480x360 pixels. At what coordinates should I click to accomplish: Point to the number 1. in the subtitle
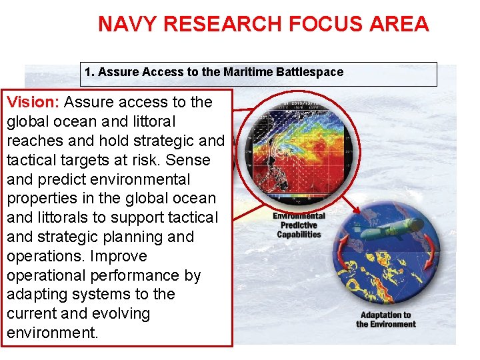tap(89, 72)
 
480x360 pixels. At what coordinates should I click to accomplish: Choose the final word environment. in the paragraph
tap(52, 333)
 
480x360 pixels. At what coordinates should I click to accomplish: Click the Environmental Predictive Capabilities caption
tap(299, 225)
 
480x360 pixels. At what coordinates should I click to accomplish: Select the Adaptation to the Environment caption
tap(385, 319)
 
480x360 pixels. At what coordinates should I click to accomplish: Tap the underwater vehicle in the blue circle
tap(389, 229)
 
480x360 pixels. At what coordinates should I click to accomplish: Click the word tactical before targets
tap(32, 160)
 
